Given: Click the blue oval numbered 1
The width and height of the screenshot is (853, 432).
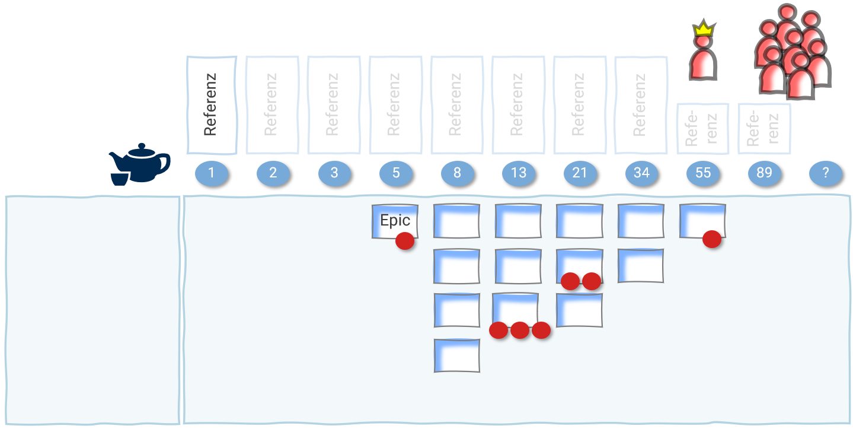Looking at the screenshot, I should click(x=211, y=173).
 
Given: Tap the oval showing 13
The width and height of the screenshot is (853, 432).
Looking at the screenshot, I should click(x=519, y=173).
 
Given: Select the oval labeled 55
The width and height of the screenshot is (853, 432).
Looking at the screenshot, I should click(x=703, y=173).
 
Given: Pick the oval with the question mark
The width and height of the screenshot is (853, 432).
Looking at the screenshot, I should click(x=826, y=173).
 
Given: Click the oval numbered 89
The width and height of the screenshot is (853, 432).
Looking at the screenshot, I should click(x=764, y=173).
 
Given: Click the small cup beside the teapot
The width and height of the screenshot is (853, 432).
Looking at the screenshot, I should click(x=119, y=178).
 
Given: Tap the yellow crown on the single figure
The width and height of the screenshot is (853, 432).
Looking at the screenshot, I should click(x=704, y=28).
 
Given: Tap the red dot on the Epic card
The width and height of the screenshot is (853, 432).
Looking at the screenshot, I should click(x=405, y=241).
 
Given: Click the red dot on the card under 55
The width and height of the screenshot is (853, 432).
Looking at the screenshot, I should click(x=712, y=239).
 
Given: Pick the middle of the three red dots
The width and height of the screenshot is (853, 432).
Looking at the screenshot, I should click(x=520, y=330).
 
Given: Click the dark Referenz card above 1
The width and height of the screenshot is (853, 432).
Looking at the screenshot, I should click(x=212, y=104).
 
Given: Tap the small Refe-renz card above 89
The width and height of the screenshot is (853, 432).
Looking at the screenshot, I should click(x=763, y=129).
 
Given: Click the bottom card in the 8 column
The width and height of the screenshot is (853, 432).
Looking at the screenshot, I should click(x=456, y=355).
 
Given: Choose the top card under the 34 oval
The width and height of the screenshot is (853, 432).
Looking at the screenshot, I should click(x=641, y=221).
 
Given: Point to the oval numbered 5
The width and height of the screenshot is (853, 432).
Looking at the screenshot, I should click(x=395, y=173).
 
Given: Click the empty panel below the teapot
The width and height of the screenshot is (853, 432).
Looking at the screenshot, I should click(x=92, y=310).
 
